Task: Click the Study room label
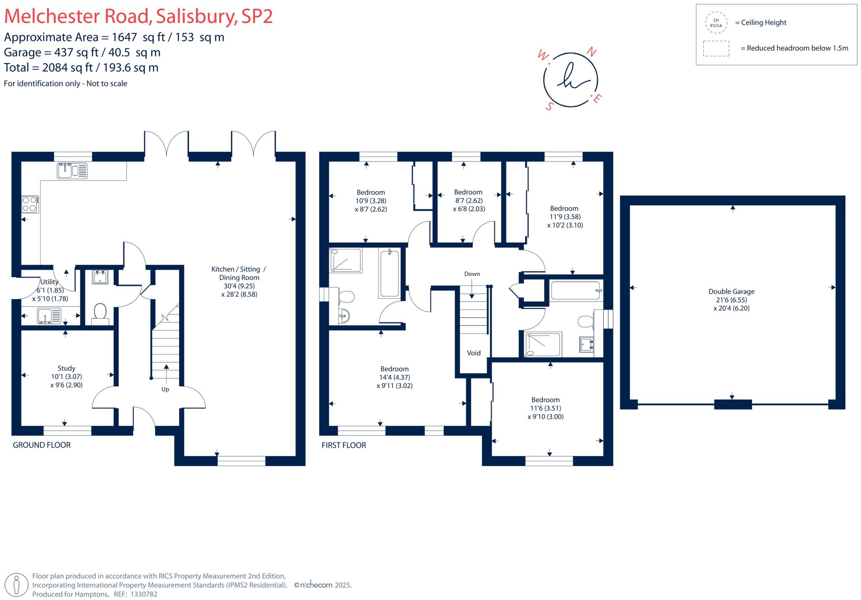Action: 66,368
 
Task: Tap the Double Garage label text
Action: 731,291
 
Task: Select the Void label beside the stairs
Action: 473,353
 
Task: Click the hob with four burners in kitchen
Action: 30,204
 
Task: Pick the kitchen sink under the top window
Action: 72,171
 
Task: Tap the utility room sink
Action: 49,316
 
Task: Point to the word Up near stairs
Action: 165,389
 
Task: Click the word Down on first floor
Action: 472,274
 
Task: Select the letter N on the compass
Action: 592,52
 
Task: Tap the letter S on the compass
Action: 549,107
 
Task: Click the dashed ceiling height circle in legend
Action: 716,23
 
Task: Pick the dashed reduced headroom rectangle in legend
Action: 716,48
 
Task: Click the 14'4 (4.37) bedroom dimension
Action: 394,377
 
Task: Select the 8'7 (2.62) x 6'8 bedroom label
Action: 468,201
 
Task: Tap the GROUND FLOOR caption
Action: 42,445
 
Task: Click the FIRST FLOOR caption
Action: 343,445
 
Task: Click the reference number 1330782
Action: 144,594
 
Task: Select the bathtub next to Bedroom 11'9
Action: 575,291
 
